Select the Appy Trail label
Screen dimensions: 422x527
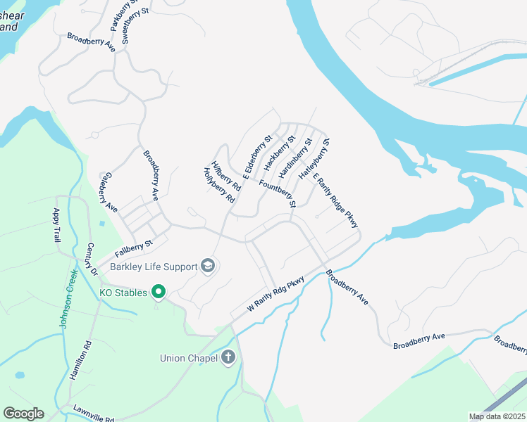57,225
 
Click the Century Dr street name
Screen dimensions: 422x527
91,260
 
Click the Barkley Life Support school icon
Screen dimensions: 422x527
207,266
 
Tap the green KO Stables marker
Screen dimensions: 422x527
159,291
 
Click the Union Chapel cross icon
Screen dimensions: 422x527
228,358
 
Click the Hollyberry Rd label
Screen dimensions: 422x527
218,185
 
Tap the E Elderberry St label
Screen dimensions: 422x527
257,154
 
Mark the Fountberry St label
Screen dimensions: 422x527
278,193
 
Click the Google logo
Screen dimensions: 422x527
23,414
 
